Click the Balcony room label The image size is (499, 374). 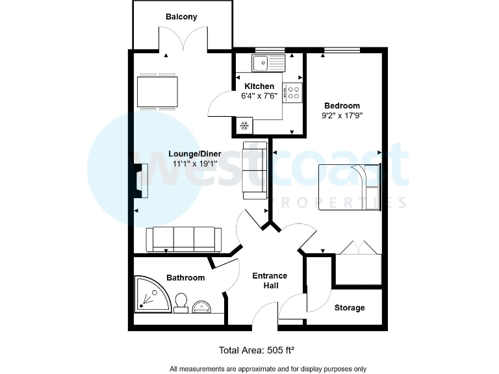point(181,17)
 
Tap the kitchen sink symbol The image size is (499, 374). point(268,63)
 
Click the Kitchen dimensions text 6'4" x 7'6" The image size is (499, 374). point(259,95)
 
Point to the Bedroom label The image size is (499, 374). point(342,106)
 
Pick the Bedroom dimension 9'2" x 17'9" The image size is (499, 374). point(342,116)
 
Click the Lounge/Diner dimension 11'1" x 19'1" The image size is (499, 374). point(194,164)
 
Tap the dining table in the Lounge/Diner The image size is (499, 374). point(157,92)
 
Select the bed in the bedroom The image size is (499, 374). point(350,187)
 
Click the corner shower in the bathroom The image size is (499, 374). point(152,294)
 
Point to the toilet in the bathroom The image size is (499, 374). point(181,301)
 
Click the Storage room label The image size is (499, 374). point(350,308)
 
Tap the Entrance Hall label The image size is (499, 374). point(270,280)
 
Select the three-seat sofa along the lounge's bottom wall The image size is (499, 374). point(183,239)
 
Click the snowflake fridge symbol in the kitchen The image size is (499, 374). point(246,125)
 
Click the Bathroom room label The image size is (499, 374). point(185,278)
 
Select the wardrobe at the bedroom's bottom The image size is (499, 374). point(359,267)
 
